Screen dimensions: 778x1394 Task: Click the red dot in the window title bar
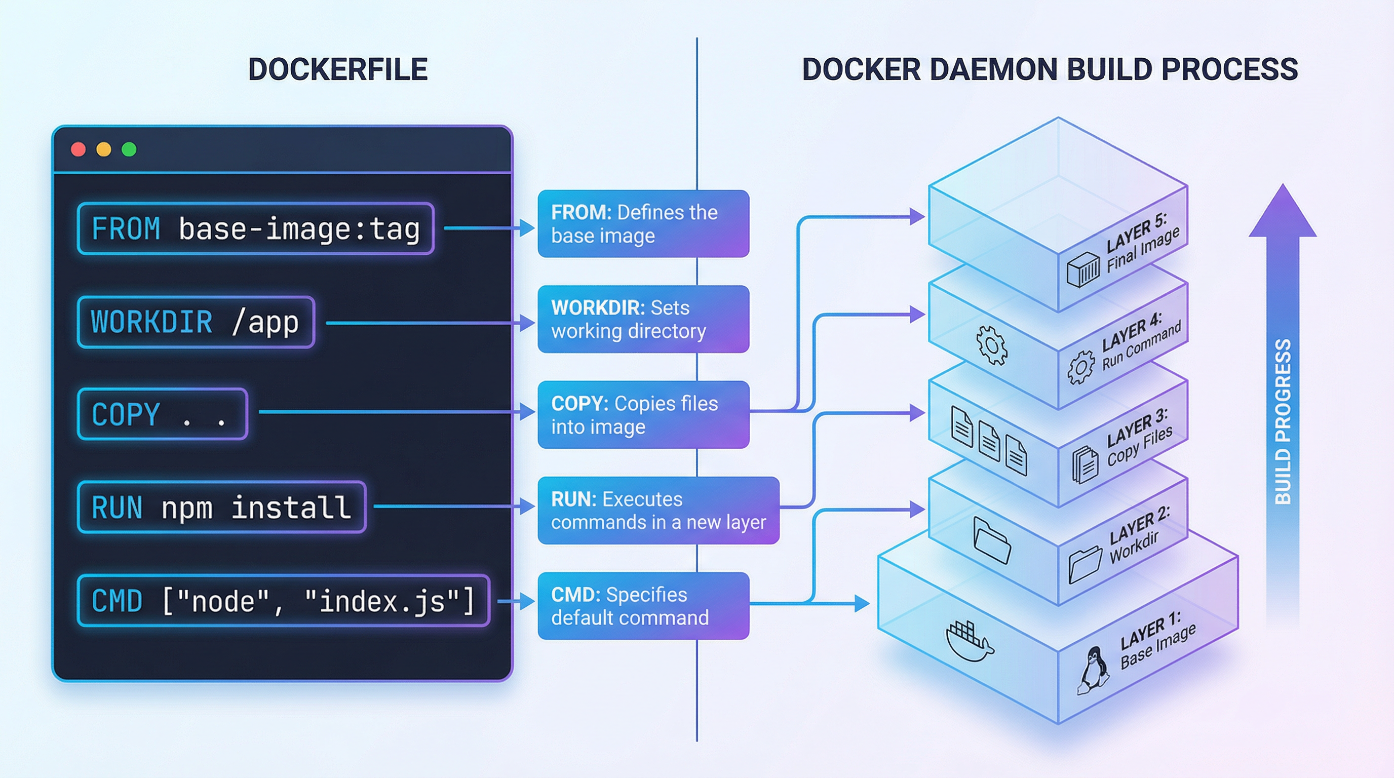tap(79, 149)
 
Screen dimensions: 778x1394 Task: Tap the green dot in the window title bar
tap(129, 149)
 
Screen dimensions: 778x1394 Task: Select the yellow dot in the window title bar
tap(104, 149)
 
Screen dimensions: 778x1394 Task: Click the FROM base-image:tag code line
tap(255, 228)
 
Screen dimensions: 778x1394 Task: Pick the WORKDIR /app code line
tap(196, 322)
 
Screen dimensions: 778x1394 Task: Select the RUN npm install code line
tap(221, 508)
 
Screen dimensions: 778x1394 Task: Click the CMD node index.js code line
tap(283, 601)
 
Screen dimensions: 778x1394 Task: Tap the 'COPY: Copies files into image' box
tap(643, 415)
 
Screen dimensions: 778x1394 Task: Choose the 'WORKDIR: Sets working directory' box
tap(643, 319)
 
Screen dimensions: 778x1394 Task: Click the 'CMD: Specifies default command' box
tap(643, 606)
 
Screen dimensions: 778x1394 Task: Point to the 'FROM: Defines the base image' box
tap(643, 223)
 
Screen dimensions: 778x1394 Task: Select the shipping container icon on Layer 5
tap(1083, 269)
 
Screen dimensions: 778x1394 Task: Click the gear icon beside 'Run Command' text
tap(1080, 367)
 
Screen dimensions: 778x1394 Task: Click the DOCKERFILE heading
tap(338, 69)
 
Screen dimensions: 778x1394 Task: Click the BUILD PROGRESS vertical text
tap(1283, 422)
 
